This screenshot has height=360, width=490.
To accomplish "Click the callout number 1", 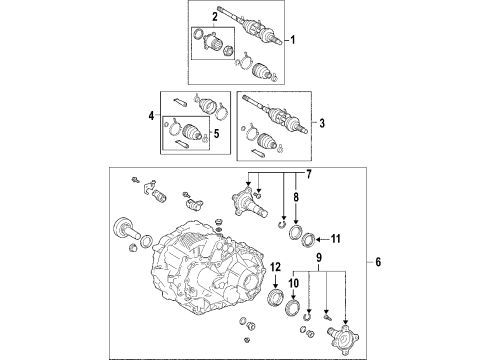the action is point(293,40).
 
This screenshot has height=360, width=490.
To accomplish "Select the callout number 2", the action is point(215,17).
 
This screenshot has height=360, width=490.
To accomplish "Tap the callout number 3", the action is point(322,123).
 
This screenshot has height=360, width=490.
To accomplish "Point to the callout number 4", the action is point(152,116).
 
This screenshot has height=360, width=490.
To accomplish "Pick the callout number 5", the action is point(216,134).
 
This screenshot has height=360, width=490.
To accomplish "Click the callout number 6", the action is point(378,262).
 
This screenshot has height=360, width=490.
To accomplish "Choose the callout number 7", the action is point(309,174).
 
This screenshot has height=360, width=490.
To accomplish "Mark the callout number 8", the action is point(296,197).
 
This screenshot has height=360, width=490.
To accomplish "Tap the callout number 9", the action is point(319,257).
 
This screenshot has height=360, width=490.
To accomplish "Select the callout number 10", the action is point(294,283).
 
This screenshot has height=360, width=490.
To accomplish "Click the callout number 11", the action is point(336,239).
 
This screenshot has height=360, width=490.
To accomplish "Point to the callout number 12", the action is point(276,267).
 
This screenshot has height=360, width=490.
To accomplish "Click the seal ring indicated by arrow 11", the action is point(308,241).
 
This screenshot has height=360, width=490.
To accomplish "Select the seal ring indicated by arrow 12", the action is point(276,298).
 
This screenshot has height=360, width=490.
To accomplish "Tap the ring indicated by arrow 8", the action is point(296,232).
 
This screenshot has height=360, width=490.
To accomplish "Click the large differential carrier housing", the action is point(207,268).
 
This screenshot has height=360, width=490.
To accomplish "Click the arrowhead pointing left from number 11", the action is point(318,239).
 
